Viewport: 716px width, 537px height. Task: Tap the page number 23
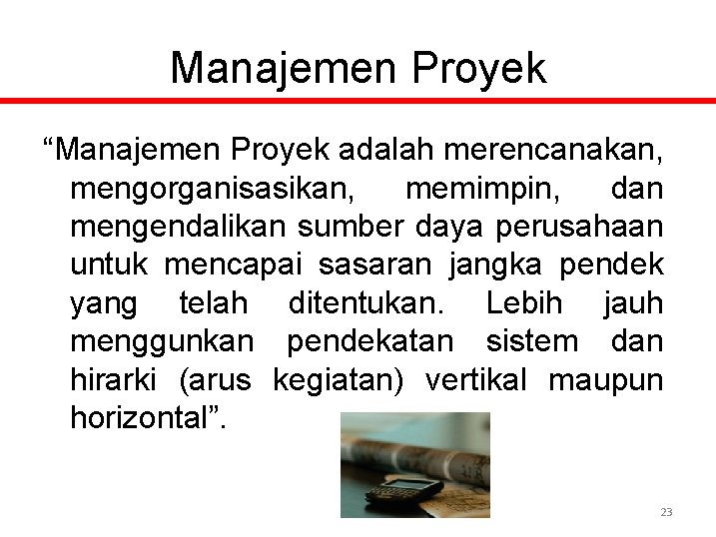click(666, 512)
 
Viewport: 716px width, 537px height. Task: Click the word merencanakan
click(551, 151)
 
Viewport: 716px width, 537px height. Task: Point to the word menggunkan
click(162, 341)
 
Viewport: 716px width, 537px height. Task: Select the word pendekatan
click(369, 341)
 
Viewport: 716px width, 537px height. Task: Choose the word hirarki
click(116, 379)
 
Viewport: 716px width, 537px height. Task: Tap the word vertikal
click(479, 379)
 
